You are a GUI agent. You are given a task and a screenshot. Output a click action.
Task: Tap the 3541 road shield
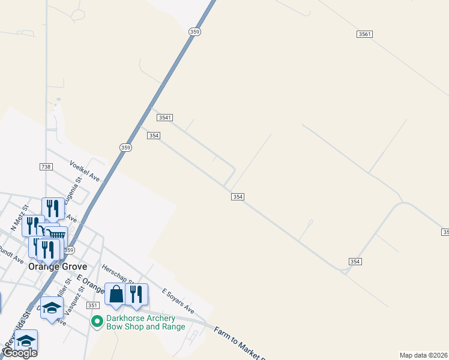166,118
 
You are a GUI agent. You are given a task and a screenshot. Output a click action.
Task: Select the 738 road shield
46,166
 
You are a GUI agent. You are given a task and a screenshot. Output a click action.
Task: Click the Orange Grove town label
58,266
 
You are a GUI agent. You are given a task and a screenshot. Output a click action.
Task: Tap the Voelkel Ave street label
85,170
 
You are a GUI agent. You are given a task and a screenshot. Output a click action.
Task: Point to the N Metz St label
17,222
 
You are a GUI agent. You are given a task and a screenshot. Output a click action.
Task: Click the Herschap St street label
117,274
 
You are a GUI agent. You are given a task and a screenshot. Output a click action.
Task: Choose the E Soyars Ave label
178,301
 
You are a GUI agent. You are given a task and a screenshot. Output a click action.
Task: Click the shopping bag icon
115,294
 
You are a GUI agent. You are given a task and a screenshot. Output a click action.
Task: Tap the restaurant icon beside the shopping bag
137,294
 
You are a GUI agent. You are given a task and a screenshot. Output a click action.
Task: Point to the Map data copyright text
423,355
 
